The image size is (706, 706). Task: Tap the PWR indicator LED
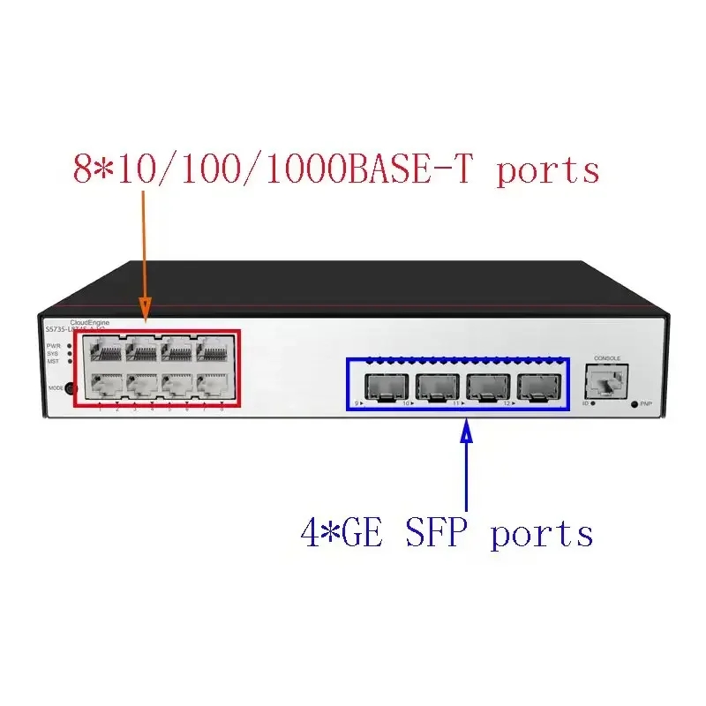tap(70, 345)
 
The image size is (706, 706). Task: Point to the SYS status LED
tap(70, 353)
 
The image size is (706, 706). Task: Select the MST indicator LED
tap(70, 361)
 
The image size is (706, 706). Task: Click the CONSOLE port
tap(605, 381)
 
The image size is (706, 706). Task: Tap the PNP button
tap(635, 403)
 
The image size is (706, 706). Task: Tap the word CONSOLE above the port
tap(607, 358)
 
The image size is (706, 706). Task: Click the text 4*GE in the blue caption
tap(342, 533)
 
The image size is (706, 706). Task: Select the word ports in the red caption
tap(547, 169)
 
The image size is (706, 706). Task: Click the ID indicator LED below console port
tap(593, 403)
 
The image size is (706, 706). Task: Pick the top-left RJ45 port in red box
tap(103, 350)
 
